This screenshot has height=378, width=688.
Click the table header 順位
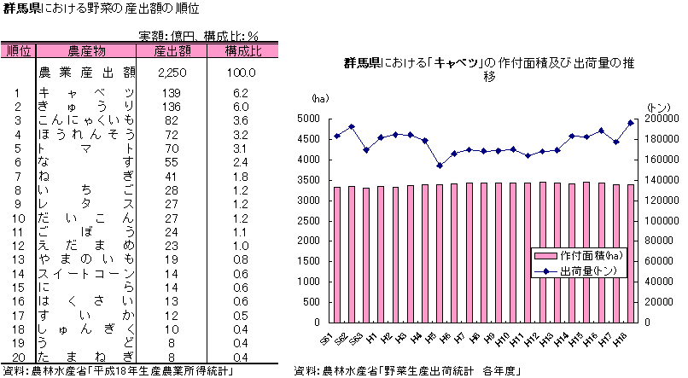(18, 50)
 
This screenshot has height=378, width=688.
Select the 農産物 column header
(86, 50)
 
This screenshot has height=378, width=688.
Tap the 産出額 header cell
(172, 50)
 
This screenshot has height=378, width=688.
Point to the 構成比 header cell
(243, 50)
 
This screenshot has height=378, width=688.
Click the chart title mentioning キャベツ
(489, 69)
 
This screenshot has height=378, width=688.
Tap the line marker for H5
(440, 166)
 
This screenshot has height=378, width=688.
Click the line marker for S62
(352, 126)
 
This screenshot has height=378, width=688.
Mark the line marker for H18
(630, 123)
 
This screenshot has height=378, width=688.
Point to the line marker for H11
(528, 155)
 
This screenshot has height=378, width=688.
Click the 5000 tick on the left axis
(309, 119)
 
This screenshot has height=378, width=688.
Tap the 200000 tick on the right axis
(655, 119)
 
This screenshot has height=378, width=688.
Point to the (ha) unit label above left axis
(319, 100)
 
